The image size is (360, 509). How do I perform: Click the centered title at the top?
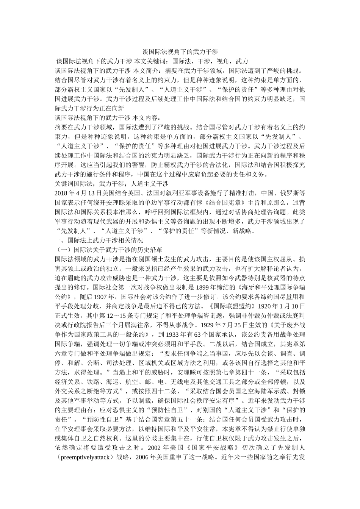click(180, 51)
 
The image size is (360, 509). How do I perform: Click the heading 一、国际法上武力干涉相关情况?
click(99, 240)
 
